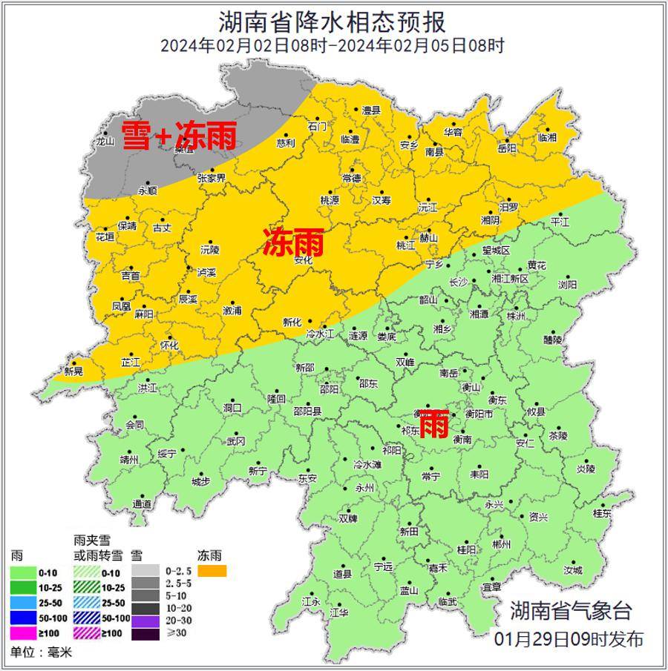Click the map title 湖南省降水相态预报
[333, 20]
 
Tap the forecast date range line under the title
[333, 45]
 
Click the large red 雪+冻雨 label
[179, 136]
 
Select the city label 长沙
[459, 282]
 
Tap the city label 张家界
[211, 178]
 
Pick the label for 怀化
[169, 346]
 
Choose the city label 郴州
[502, 544]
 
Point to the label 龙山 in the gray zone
[105, 142]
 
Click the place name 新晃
[73, 371]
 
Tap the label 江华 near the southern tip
[338, 612]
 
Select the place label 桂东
[602, 513]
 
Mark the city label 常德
[351, 179]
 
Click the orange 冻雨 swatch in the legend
[212, 571]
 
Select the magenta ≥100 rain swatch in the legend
[24, 632]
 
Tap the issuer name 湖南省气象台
[571, 611]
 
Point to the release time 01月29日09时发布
[569, 639]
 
